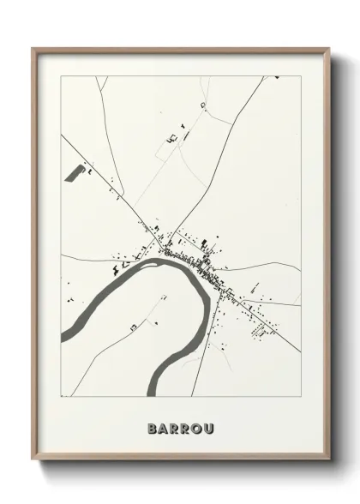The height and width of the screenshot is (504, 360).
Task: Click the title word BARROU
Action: click(x=181, y=426)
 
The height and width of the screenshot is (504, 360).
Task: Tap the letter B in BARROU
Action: click(x=153, y=426)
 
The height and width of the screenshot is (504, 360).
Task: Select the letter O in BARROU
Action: click(x=197, y=426)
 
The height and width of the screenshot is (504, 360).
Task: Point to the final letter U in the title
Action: click(x=209, y=426)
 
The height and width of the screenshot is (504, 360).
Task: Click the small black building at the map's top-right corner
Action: click(x=277, y=78)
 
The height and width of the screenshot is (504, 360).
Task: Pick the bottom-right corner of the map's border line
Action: click(x=301, y=397)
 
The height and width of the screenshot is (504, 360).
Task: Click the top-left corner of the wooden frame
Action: click(x=33, y=48)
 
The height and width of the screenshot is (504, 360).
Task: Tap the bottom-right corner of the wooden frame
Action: click(x=329, y=459)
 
